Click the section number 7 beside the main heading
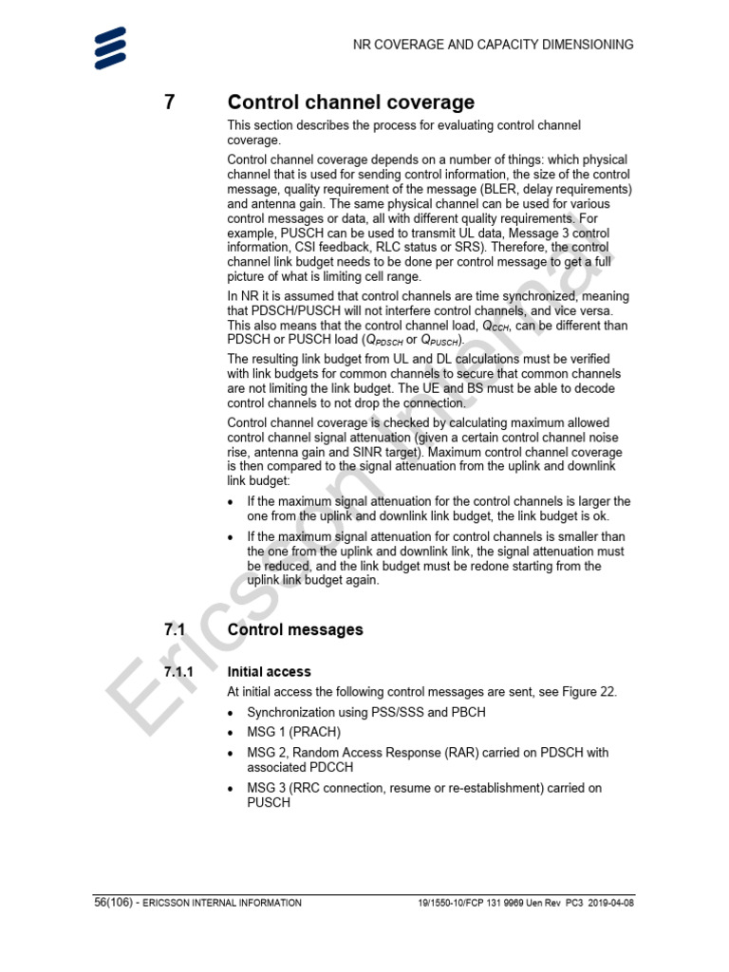(170, 103)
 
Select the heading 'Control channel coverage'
(351, 103)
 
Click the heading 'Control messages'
(295, 629)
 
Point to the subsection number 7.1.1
(178, 672)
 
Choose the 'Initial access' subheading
(270, 672)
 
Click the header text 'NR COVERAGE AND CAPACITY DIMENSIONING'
(493, 45)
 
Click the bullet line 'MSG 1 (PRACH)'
(293, 732)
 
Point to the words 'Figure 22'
(588, 692)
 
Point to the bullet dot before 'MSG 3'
(234, 789)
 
